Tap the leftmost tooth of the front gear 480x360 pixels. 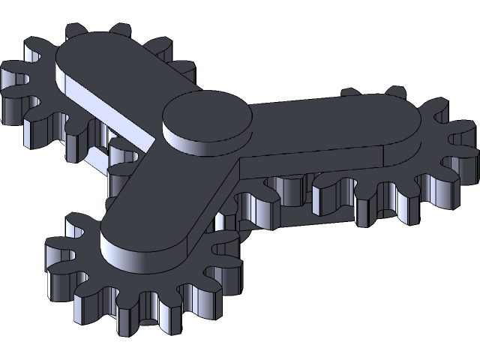[56, 247]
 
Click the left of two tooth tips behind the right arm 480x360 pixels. [349, 94]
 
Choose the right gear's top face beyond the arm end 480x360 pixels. [431, 150]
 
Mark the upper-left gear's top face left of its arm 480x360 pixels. [41, 86]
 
